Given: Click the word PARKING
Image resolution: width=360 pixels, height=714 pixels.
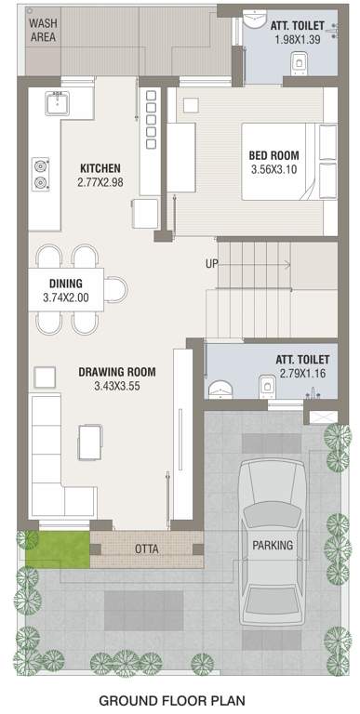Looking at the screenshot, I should (273, 545).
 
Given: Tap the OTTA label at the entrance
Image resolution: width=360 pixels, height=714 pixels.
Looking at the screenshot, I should (146, 549).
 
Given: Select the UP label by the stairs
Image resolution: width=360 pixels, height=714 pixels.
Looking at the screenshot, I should (212, 264).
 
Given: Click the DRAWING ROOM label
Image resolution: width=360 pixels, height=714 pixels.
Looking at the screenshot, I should (117, 372).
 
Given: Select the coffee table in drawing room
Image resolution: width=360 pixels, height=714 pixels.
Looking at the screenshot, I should (90, 441).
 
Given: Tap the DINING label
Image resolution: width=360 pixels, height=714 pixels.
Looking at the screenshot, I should (65, 284).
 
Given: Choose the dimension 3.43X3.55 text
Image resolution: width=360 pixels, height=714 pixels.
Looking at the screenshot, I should (117, 387).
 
